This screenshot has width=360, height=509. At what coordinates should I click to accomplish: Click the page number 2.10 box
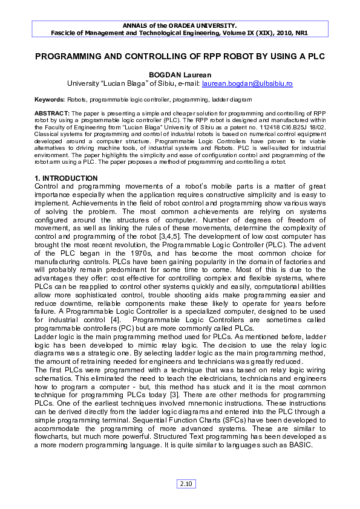(x=186, y=484)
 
